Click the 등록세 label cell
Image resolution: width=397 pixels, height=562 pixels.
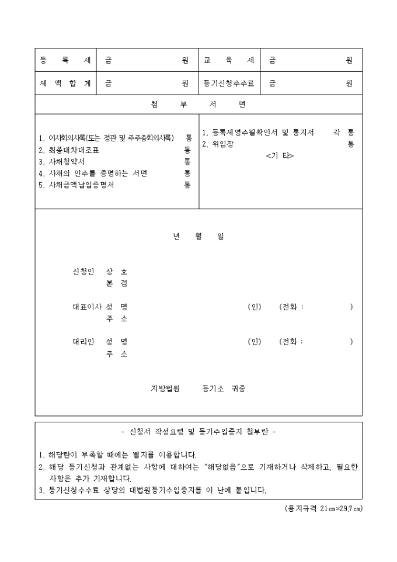click(65, 60)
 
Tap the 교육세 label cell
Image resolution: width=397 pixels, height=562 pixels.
click(229, 60)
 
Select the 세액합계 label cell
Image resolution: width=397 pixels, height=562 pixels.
click(65, 84)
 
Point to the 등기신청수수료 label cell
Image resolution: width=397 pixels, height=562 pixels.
click(229, 84)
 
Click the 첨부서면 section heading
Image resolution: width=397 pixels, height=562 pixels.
click(198, 105)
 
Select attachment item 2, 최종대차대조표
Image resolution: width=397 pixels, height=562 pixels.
click(69, 150)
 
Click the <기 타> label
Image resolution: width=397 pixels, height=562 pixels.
click(280, 156)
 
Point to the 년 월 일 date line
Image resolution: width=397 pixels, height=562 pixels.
click(198, 237)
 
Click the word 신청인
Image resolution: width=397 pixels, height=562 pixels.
click(82, 272)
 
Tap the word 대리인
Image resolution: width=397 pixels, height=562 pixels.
click(82, 342)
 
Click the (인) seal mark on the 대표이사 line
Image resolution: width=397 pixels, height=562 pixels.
click(255, 307)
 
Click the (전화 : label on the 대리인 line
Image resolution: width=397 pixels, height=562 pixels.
click(291, 342)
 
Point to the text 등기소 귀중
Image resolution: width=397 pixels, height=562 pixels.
click(224, 388)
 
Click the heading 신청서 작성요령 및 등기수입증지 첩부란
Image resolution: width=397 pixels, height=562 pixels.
click(198, 432)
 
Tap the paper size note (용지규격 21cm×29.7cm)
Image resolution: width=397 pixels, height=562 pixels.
click(323, 508)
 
